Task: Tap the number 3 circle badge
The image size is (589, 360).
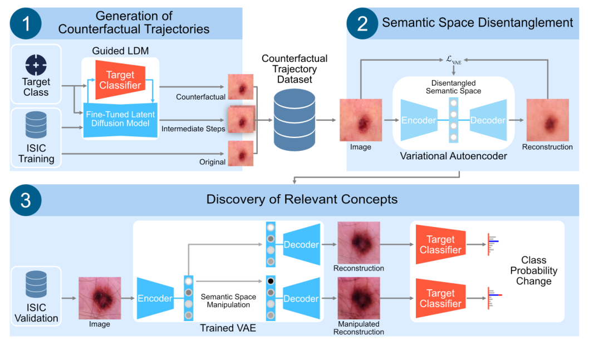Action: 26,200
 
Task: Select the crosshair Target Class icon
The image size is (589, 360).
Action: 36,65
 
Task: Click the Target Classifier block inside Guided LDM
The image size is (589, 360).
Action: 120,80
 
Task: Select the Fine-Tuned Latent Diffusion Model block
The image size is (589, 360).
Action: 120,119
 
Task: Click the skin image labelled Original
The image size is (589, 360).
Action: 240,154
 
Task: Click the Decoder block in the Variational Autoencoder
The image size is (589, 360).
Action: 488,120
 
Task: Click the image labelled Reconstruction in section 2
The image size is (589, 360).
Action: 547,120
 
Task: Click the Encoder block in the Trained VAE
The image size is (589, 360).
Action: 155,298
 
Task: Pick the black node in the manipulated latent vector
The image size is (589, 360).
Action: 271,282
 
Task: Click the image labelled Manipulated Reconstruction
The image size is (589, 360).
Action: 359,298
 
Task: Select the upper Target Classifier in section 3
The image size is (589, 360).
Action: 440,245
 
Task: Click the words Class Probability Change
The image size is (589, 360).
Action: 533,270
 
